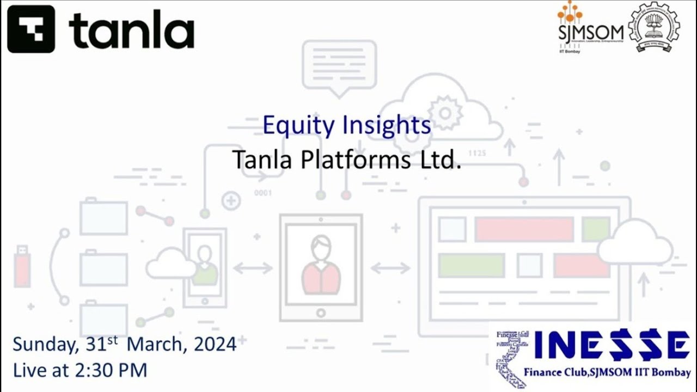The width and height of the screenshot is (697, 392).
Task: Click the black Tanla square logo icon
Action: pyautogui.click(x=31, y=29)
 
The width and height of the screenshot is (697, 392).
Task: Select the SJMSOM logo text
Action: pyautogui.click(x=591, y=33)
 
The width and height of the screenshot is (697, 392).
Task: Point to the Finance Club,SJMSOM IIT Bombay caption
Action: pyautogui.click(x=607, y=373)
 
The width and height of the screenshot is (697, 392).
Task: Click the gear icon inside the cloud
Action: pyautogui.click(x=445, y=113)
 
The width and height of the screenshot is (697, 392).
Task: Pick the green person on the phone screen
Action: pyautogui.click(x=204, y=267)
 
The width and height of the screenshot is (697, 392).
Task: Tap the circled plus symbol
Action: pyautogui.click(x=231, y=200)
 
